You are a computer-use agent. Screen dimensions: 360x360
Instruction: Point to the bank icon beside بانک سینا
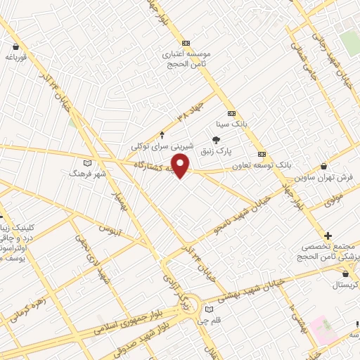[x=231, y=113]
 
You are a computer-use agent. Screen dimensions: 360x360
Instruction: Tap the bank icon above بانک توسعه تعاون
[x=262, y=154]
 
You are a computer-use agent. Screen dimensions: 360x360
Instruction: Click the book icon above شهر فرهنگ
[x=87, y=164]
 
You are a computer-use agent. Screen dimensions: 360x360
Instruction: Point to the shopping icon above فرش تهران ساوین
[x=323, y=166]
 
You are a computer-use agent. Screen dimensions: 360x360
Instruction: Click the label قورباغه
[x=14, y=58]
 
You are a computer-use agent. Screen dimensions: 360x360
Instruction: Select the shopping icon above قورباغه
[x=15, y=48]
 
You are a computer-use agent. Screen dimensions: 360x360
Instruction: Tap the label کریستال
[x=345, y=286]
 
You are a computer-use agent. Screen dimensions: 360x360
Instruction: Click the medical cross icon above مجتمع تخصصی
[x=328, y=235]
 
